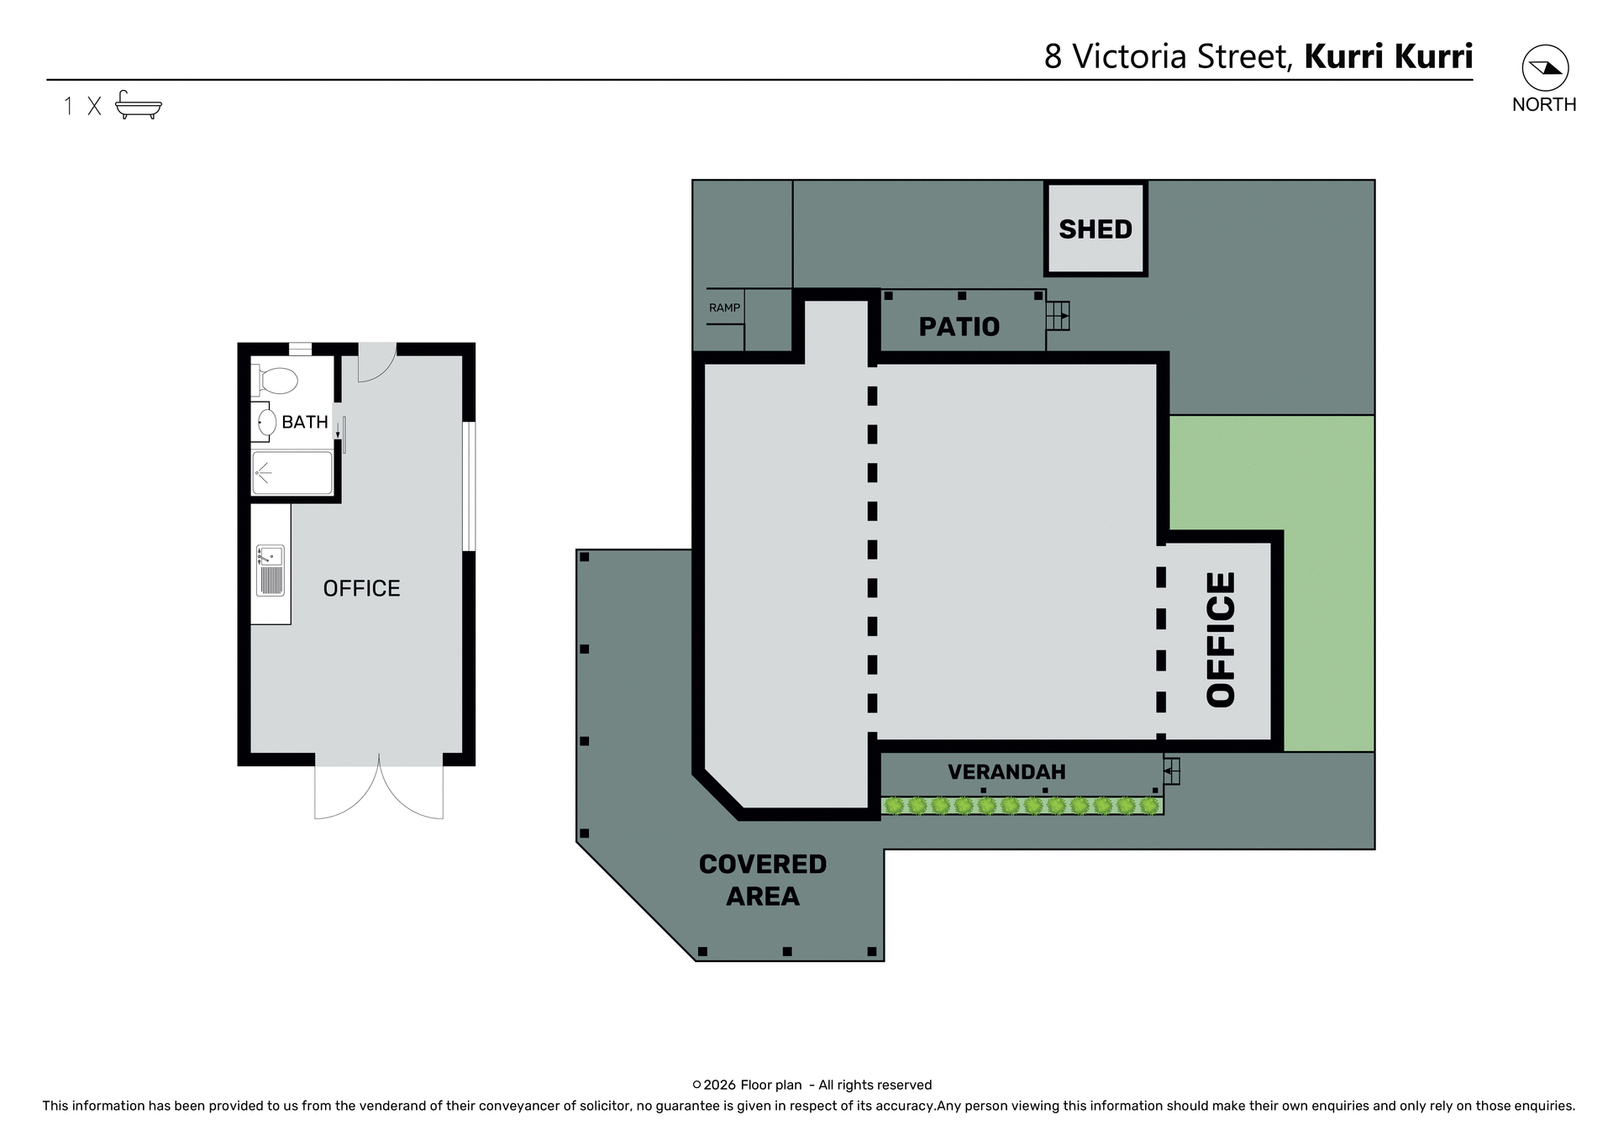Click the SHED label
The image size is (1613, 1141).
[1095, 229]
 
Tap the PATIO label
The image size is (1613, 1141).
[959, 327]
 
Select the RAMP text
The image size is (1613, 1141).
[724, 308]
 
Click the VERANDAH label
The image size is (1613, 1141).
[1006, 771]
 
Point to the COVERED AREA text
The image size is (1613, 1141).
[762, 880]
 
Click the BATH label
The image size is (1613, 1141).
[304, 422]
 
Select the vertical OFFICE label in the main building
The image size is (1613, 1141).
[1221, 639]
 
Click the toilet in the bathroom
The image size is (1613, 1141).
[275, 380]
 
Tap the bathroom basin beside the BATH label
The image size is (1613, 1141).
[265, 422]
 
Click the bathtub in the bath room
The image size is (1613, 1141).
[292, 473]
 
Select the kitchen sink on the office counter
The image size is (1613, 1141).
[270, 570]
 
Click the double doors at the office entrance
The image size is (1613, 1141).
[379, 790]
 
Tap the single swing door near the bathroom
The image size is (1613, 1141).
[376, 362]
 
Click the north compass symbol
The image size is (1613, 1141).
[1544, 68]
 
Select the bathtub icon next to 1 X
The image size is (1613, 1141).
[139, 105]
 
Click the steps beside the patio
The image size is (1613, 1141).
[1058, 316]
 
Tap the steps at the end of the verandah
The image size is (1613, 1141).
[1172, 770]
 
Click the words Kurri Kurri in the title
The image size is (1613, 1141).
[1388, 56]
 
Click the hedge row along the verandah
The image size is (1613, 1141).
[1021, 806]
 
